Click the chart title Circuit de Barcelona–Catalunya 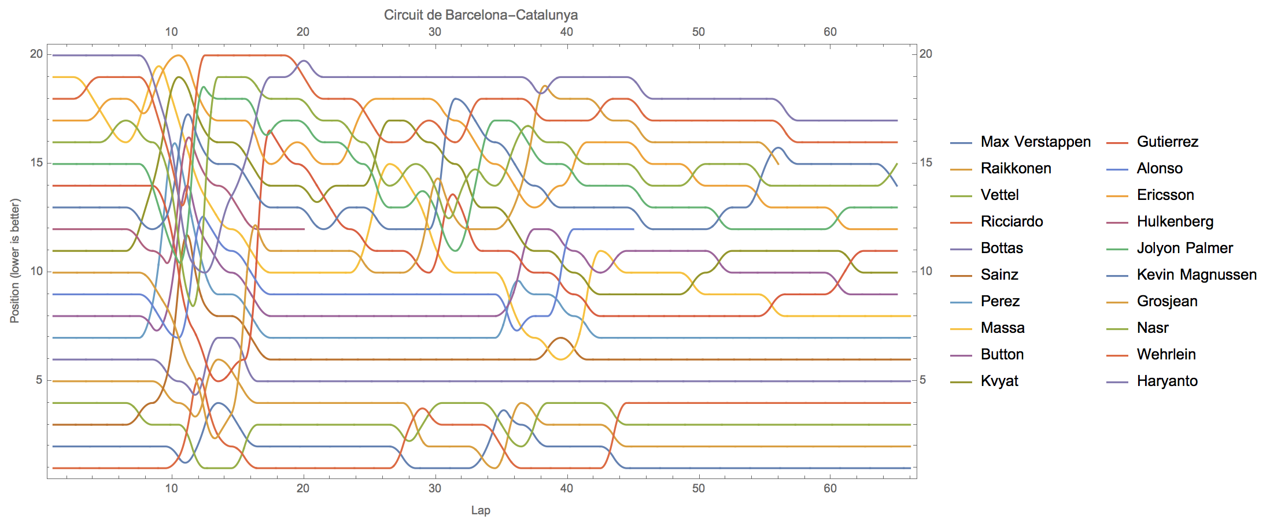[x=481, y=15]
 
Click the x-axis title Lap [x=481, y=510]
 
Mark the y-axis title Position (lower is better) [x=15, y=261]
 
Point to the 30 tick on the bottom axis [x=435, y=488]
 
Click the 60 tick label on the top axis [x=830, y=32]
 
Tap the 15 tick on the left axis [x=36, y=163]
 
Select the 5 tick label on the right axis [x=923, y=380]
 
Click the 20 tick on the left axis [x=36, y=54]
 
